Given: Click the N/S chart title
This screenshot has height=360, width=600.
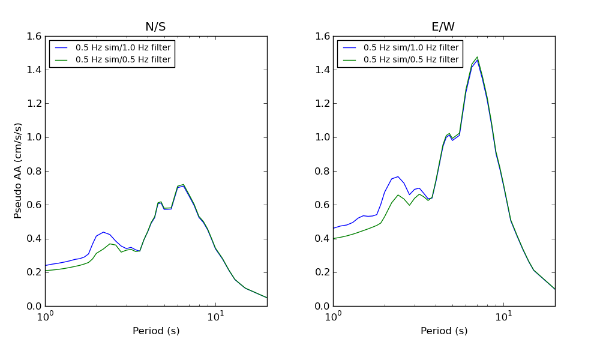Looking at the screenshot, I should pos(155,27).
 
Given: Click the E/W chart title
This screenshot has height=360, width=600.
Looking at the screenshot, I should pos(443,27).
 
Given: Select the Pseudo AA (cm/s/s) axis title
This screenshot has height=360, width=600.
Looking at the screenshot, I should pos(19,170).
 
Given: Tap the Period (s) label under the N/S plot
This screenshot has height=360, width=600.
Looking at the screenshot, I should pos(156,331).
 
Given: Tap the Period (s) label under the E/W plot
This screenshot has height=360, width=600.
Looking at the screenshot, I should pos(444,331).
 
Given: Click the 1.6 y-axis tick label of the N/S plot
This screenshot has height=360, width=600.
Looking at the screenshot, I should pos(34,37).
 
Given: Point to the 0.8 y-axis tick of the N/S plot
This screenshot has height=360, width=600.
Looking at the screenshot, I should pos(34,171).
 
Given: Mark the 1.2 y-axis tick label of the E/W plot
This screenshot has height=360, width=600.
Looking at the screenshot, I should pos(322,104).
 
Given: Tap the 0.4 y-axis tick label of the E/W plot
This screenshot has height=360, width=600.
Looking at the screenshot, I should pos(322,239).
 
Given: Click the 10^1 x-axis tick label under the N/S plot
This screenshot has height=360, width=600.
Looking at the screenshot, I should pos(216,316).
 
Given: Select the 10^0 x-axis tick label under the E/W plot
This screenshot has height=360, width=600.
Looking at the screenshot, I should pos(333,316).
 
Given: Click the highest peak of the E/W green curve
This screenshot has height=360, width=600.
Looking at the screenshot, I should pos(477,58).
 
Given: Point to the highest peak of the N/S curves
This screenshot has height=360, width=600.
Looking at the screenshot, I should pos(183,185).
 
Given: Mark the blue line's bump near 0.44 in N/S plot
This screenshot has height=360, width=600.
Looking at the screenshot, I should pos(103,232).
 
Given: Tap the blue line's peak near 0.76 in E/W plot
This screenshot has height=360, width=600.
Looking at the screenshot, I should pos(398,176).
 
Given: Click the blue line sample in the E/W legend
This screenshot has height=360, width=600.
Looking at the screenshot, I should pos(348,48).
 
